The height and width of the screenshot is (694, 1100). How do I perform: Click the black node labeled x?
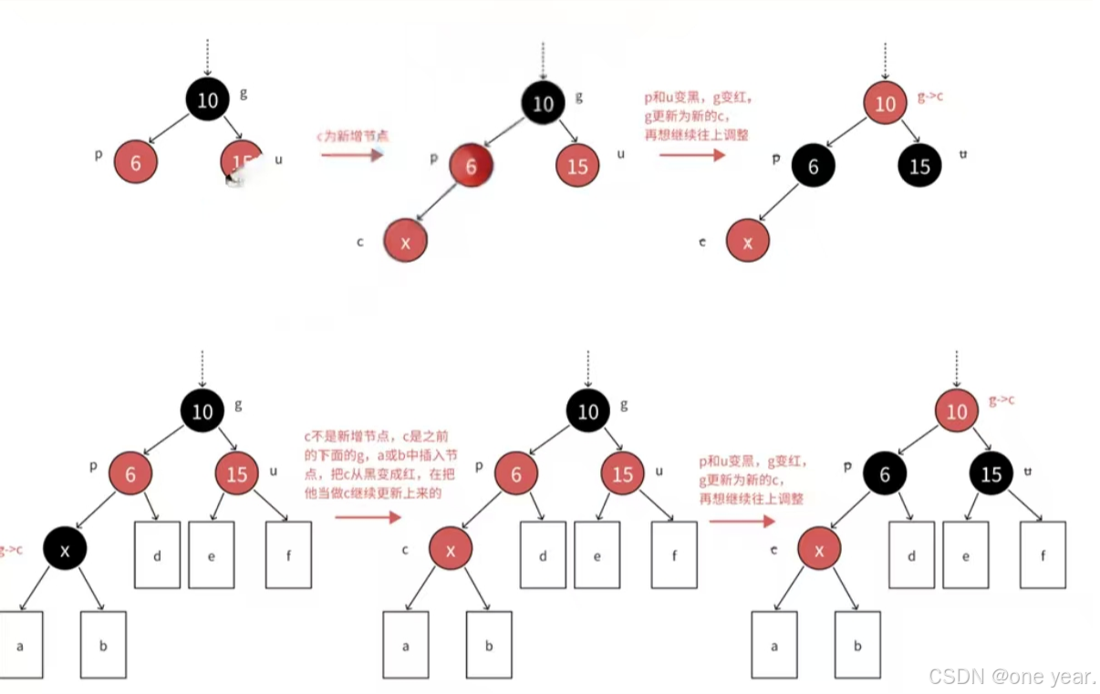tap(64, 549)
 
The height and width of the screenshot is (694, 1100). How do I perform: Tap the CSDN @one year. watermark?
tap(1012, 676)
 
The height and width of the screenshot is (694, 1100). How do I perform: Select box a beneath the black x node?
tap(20, 644)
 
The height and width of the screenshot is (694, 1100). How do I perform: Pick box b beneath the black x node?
tap(103, 644)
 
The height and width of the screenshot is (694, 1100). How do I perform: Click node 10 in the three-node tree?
tap(208, 99)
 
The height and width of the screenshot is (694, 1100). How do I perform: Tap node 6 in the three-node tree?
tap(136, 163)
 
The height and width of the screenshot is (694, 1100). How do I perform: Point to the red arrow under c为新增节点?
tap(351, 156)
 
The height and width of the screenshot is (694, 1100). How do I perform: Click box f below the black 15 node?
tap(1043, 554)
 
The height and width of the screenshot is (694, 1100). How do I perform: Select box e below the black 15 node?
tap(966, 554)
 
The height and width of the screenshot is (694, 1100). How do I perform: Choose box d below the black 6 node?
tap(911, 554)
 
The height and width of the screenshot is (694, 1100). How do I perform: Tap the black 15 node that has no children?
tap(920, 166)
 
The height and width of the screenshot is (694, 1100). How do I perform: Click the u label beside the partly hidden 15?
tap(278, 160)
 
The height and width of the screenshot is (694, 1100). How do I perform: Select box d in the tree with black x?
tap(157, 554)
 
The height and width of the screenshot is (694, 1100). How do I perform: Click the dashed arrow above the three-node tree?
tap(208, 57)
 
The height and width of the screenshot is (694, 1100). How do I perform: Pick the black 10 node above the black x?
tap(202, 412)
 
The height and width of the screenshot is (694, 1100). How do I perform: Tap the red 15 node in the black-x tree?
tap(237, 474)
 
